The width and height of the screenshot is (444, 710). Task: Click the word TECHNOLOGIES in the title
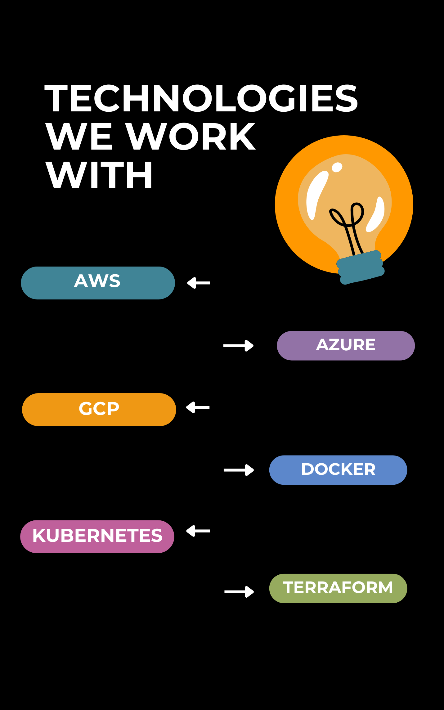tap(201, 98)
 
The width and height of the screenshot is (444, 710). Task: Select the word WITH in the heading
tap(99, 175)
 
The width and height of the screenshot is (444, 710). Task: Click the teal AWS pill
tap(98, 283)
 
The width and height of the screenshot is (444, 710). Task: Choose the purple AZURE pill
tap(346, 345)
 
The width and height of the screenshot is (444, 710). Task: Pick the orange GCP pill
tap(99, 409)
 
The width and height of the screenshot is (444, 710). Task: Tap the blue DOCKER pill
tap(338, 470)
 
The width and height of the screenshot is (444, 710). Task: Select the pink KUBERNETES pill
tap(97, 536)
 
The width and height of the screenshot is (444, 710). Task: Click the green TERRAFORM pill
tap(338, 588)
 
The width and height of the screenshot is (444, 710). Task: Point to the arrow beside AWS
tap(199, 283)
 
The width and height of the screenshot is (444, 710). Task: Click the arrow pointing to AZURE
tap(238, 345)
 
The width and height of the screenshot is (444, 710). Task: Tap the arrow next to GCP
tap(198, 407)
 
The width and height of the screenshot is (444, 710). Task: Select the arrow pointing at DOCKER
tap(239, 470)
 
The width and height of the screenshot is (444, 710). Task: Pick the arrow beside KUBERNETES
tap(198, 531)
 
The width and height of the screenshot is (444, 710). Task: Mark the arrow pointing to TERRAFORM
tap(239, 591)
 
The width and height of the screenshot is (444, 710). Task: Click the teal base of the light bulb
tap(361, 267)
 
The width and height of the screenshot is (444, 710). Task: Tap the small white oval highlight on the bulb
tap(337, 167)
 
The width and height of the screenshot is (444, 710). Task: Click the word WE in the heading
tap(79, 137)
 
